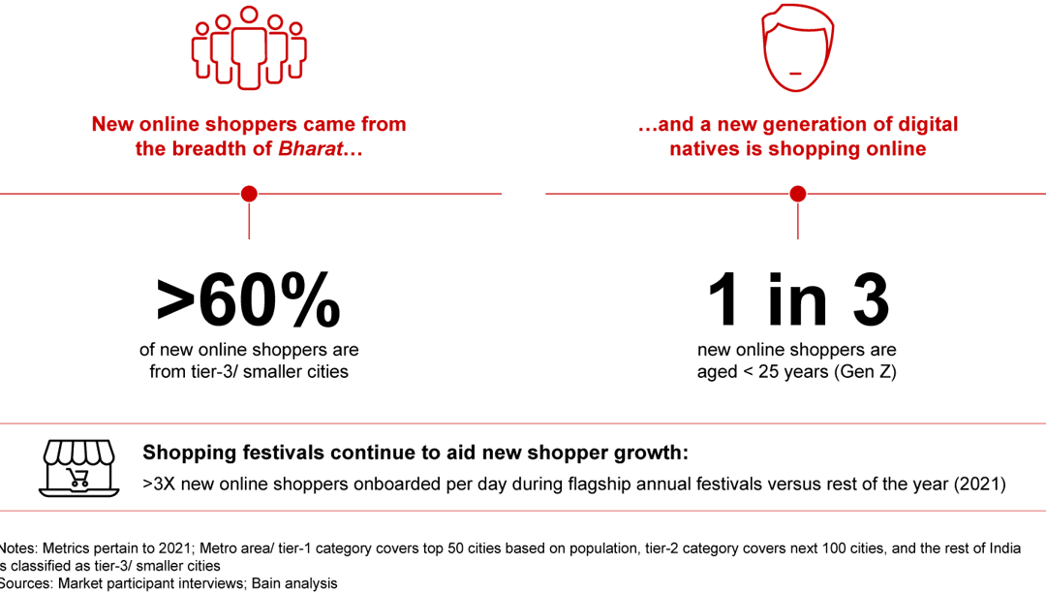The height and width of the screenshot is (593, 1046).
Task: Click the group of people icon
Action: (x=249, y=48)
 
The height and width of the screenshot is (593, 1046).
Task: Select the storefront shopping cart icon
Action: (x=78, y=466)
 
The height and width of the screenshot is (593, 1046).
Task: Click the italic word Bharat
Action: (x=308, y=149)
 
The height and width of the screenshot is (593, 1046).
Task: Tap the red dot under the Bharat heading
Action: (x=249, y=194)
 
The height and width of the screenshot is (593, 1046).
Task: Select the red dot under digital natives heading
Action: (x=797, y=194)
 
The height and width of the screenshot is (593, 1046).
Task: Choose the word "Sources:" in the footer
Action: (x=25, y=583)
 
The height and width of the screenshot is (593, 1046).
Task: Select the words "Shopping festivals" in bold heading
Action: (x=224, y=453)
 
